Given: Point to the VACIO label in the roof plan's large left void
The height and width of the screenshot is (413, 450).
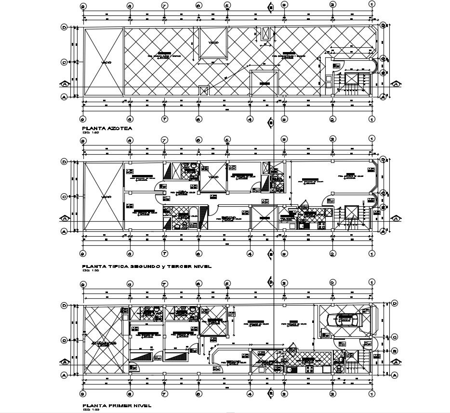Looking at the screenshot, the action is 106,63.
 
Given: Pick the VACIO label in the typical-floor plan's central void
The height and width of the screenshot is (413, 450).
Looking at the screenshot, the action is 213,177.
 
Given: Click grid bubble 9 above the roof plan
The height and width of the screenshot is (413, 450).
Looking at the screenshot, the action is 83,5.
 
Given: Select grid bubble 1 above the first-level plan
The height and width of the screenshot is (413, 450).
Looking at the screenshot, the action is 371,281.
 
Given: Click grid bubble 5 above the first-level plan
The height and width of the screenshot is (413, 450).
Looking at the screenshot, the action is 227,281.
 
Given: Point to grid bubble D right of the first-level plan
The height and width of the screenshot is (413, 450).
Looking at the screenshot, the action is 395,303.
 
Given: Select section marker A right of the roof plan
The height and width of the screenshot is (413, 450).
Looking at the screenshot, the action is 395,83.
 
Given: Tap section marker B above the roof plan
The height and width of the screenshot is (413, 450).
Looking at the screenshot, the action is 271,6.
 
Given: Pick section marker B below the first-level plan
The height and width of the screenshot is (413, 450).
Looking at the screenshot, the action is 271,393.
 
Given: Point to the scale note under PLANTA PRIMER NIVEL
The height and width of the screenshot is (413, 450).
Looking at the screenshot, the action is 87,411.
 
